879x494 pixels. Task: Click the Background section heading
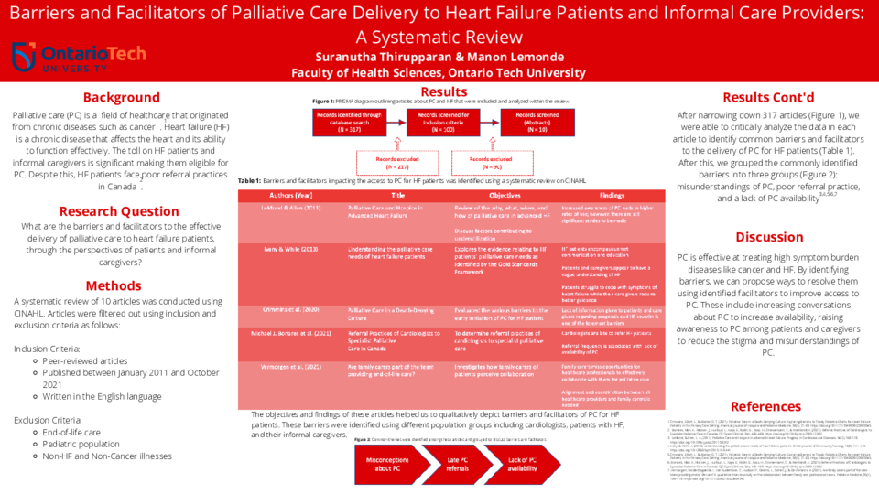tap(121, 98)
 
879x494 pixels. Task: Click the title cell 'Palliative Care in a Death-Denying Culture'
tap(398, 315)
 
